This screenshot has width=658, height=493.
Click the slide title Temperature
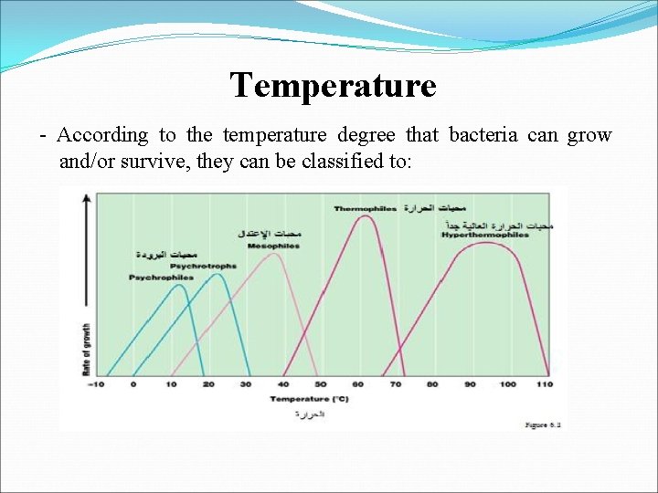click(334, 86)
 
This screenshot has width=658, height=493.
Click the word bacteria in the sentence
click(483, 135)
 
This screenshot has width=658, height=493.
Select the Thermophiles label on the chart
click(365, 209)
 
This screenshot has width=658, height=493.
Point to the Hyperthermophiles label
click(484, 235)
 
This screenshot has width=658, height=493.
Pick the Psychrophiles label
click(161, 277)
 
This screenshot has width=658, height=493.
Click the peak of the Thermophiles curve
click(365, 216)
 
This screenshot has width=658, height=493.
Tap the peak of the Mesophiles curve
click(271, 254)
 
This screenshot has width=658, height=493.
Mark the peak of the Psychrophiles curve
click(179, 285)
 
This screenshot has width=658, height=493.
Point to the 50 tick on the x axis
click(320, 384)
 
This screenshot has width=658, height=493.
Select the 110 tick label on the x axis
click(546, 384)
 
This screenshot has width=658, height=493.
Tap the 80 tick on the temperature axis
click(432, 384)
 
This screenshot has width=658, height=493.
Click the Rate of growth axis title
click(87, 350)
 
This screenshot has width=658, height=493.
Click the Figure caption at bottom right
click(542, 425)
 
